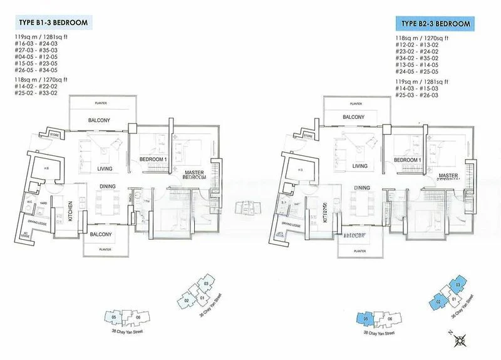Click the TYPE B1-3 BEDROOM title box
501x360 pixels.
[x=51, y=23]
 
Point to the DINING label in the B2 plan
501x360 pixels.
[x=362, y=187]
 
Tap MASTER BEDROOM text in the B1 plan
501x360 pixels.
[x=195, y=174]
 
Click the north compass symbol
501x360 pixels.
[x=462, y=341]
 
